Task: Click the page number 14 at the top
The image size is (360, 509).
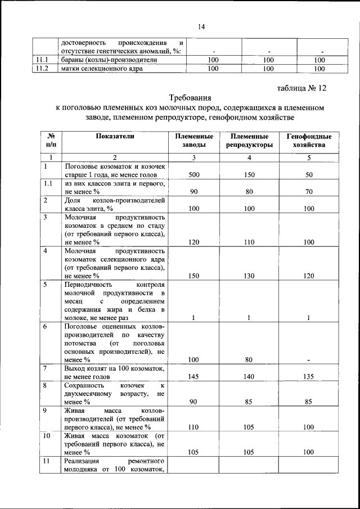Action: (x=201, y=26)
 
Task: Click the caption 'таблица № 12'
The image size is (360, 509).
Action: (x=301, y=88)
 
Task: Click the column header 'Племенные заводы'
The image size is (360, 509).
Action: (x=194, y=141)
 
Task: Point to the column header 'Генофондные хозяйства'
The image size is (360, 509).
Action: (x=309, y=141)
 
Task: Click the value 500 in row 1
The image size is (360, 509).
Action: (x=194, y=175)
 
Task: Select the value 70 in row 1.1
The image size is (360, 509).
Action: (x=309, y=192)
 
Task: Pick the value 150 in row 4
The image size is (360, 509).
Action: (x=194, y=276)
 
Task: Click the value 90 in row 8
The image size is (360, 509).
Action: (x=194, y=402)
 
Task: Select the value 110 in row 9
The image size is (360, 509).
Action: (x=194, y=427)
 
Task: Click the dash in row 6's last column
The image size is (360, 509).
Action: (x=309, y=359)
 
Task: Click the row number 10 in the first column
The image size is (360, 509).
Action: (x=47, y=436)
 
